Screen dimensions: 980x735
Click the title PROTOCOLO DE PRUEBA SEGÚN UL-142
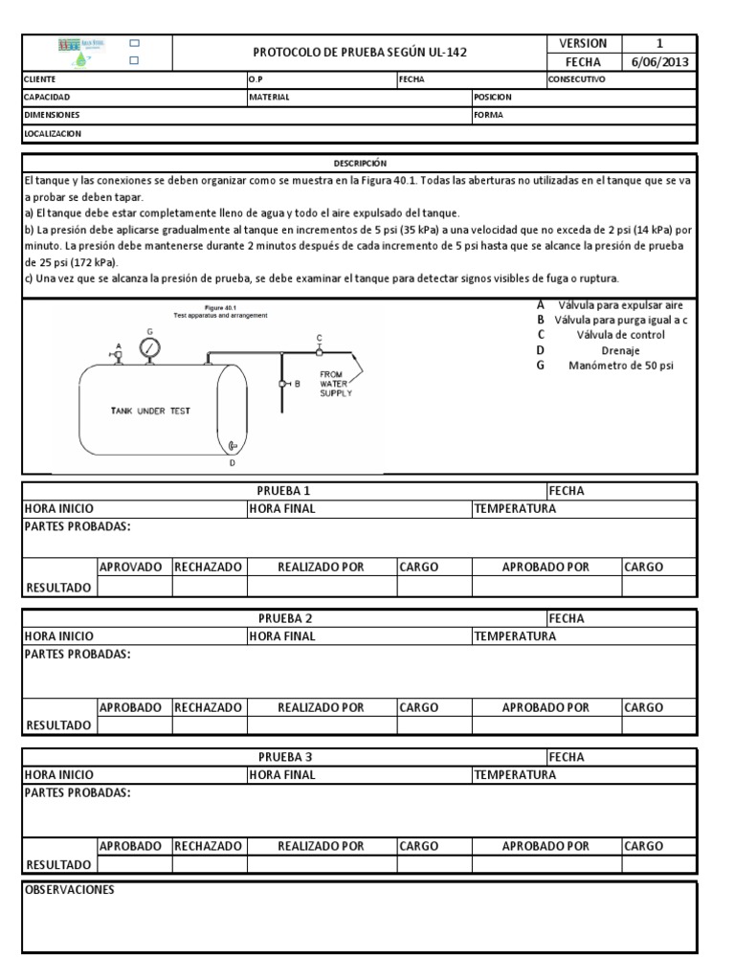359,53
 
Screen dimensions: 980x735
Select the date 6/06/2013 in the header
658,62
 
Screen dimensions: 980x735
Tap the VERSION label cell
583,44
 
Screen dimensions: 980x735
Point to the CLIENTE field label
40,80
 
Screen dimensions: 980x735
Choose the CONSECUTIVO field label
576,80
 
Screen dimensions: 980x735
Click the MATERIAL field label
269,98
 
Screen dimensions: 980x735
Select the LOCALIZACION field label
53,134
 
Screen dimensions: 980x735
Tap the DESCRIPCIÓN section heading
360,164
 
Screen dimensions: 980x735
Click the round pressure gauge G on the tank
149,349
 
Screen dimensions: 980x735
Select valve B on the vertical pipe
285,384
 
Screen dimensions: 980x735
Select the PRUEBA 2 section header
284,618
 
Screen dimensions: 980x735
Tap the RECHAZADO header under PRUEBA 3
209,846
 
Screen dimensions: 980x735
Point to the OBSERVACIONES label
69,890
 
